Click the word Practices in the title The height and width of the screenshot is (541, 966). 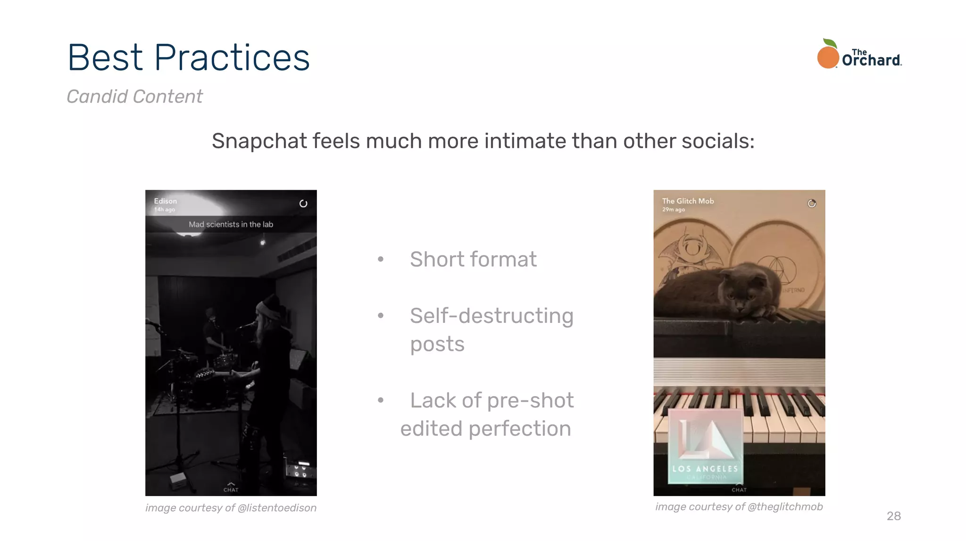click(232, 58)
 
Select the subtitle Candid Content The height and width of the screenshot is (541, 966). click(134, 96)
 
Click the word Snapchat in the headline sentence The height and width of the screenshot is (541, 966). click(259, 141)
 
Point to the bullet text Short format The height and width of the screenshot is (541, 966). click(473, 259)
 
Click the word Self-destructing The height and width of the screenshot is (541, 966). click(491, 315)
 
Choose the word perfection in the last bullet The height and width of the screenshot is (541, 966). click(519, 429)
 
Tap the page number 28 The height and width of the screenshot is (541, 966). click(893, 516)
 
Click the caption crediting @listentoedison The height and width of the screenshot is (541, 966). click(231, 508)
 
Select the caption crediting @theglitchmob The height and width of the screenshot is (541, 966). click(739, 507)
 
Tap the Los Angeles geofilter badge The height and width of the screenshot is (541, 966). click(705, 446)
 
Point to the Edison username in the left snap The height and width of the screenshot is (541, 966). click(165, 201)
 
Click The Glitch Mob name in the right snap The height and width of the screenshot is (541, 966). click(688, 201)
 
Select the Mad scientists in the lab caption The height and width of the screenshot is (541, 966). click(231, 224)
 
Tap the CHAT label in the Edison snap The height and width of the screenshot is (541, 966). click(231, 489)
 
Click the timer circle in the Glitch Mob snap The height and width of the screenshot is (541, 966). click(811, 203)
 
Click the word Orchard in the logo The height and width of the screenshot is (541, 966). click(871, 60)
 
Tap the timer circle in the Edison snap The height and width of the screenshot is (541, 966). click(303, 203)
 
